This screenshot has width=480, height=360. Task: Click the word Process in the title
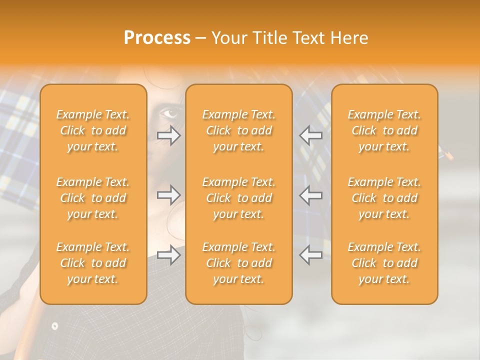click(x=157, y=38)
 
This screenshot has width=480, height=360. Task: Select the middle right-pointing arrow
click(x=168, y=195)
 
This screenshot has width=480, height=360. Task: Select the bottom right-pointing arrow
click(x=168, y=255)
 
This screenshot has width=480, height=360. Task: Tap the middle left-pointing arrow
click(x=311, y=195)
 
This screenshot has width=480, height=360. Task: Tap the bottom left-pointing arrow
click(x=311, y=255)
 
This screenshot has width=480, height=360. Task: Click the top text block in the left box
click(x=93, y=130)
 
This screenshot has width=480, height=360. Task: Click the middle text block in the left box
click(x=93, y=198)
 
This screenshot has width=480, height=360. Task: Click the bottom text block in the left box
click(x=93, y=263)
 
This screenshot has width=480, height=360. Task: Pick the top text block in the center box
click(x=239, y=130)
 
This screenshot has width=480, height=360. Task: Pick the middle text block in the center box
click(x=239, y=198)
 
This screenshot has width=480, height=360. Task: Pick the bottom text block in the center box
click(x=239, y=263)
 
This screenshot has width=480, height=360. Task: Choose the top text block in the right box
click(x=384, y=130)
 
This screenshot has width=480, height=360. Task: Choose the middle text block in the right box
click(x=384, y=198)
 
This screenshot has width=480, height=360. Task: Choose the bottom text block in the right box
click(x=384, y=263)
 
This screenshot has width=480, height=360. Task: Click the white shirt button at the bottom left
click(x=54, y=326)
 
